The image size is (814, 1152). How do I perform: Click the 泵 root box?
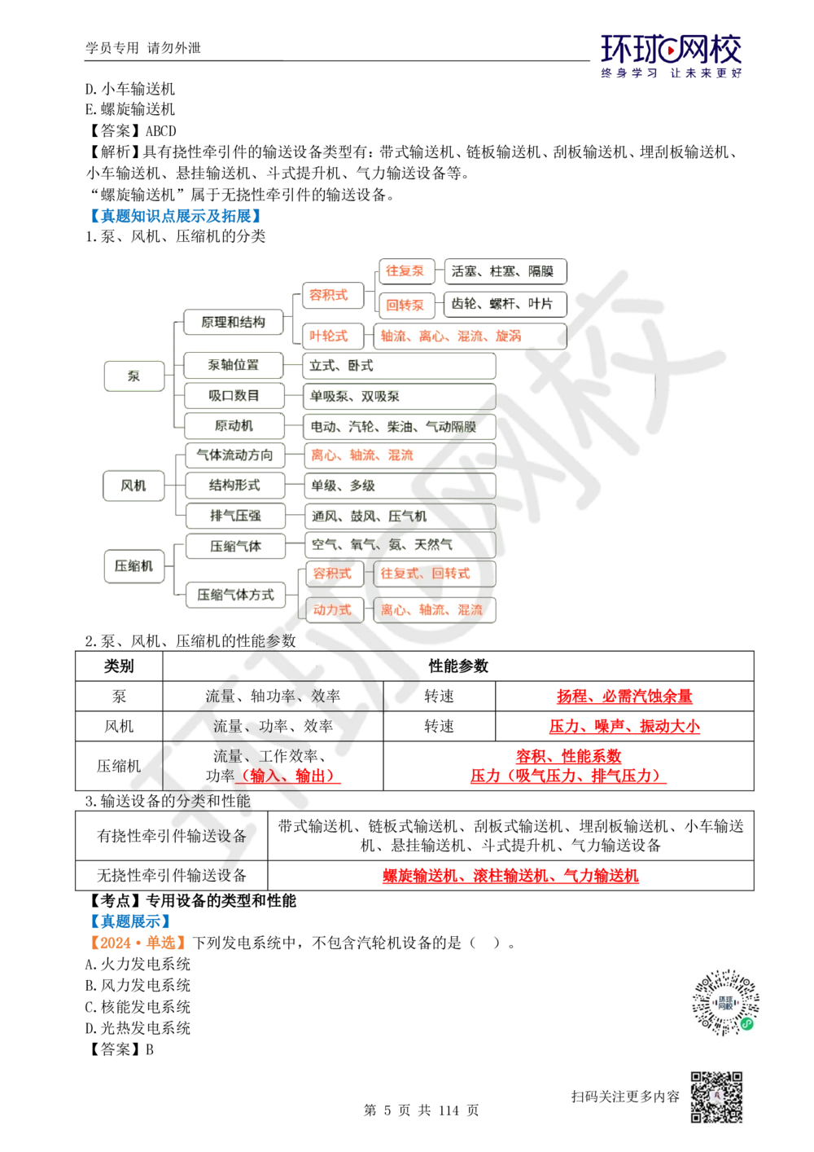(133, 376)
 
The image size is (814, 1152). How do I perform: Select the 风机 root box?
(133, 486)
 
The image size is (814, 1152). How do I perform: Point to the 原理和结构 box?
(234, 322)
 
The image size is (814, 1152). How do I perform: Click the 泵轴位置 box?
(234, 365)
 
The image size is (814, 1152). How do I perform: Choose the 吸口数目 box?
(234, 396)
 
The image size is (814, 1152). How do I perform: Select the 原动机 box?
(234, 426)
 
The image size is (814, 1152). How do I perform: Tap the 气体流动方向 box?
(234, 455)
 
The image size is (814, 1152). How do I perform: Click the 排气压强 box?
(234, 516)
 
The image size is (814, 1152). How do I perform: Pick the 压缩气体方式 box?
(234, 595)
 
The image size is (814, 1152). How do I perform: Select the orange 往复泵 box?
(405, 271)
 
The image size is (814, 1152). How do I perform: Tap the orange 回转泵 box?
(405, 305)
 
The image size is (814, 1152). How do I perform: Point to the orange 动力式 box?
(332, 609)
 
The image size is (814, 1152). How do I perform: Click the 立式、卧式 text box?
(399, 366)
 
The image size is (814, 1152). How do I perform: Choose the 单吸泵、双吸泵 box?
(399, 397)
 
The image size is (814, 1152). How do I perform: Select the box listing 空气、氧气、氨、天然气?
(399, 544)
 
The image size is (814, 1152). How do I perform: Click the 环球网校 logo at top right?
(672, 55)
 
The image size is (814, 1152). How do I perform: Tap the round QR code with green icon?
(726, 1003)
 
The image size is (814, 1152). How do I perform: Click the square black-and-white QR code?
(716, 1098)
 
